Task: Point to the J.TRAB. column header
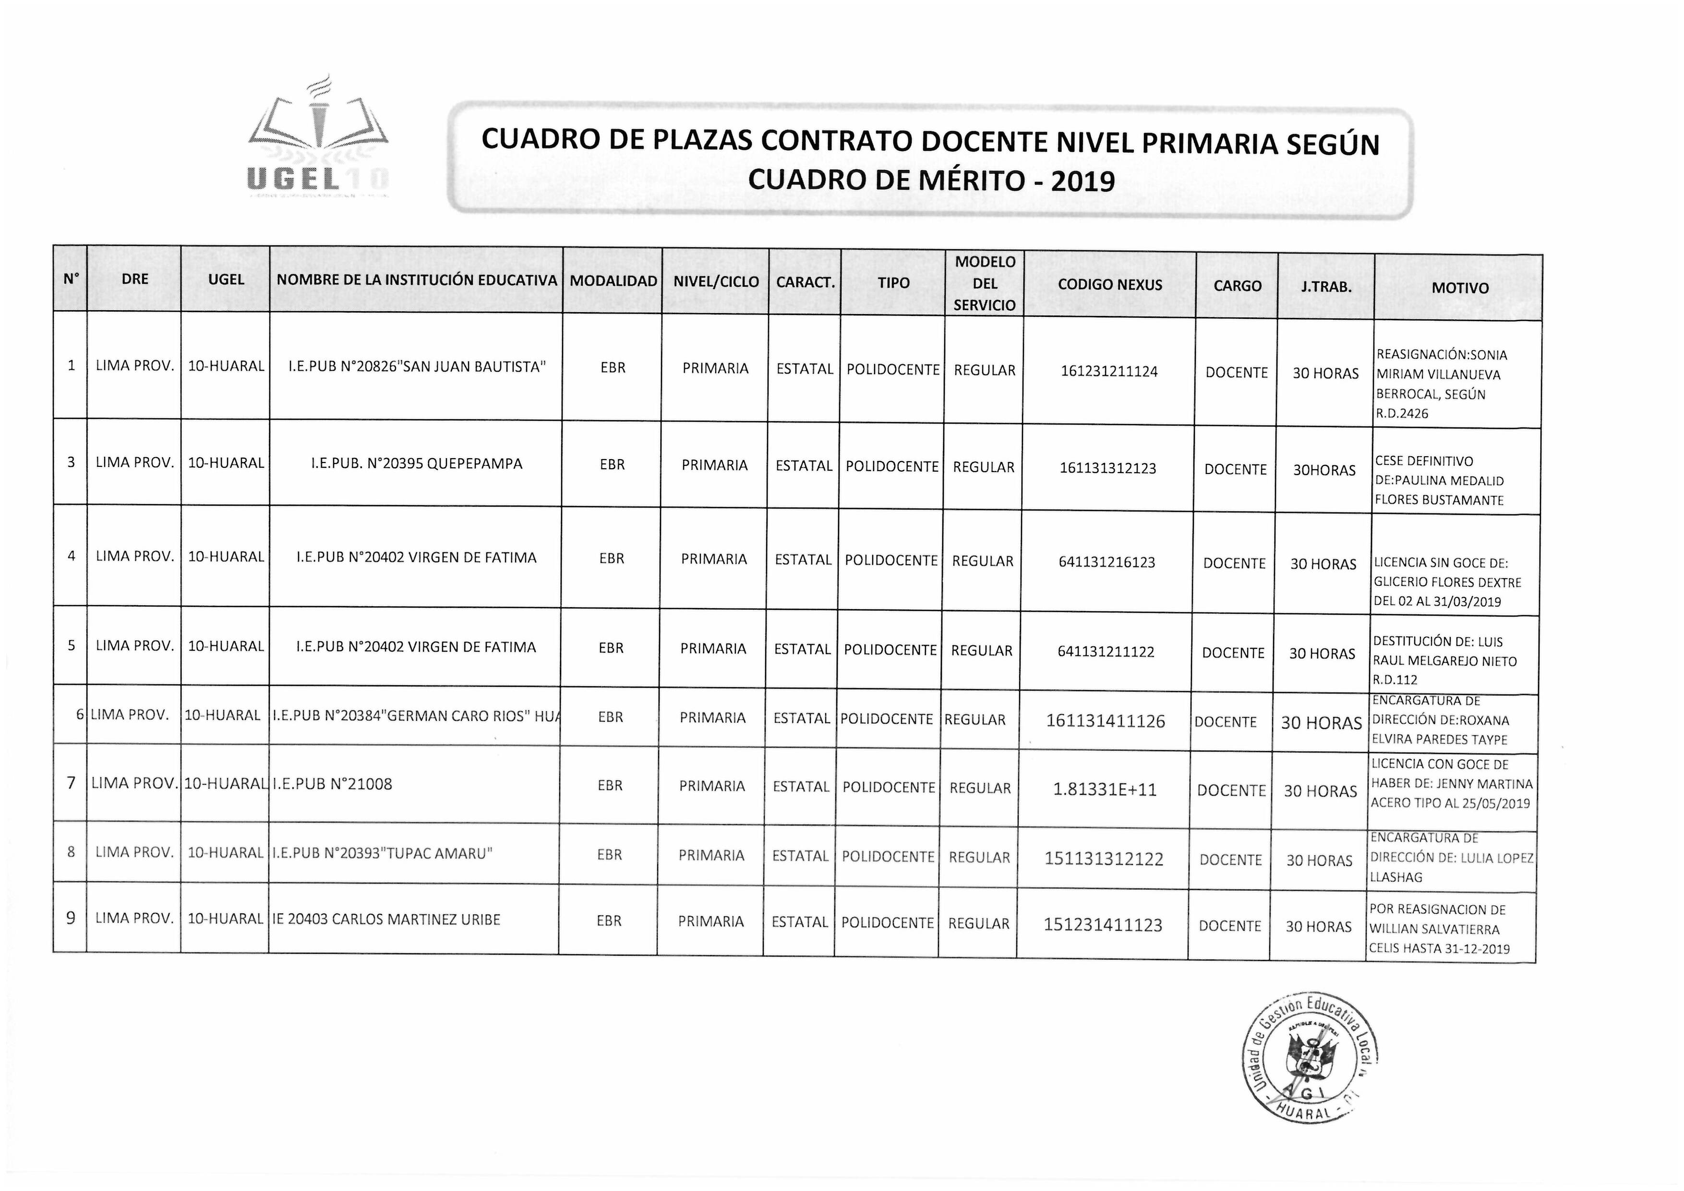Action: point(1326,287)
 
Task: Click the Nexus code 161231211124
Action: point(1109,371)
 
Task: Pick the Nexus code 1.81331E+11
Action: point(1105,790)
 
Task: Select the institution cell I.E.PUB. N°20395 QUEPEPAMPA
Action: point(416,464)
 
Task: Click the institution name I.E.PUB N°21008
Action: point(332,784)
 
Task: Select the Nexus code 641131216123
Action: point(1107,562)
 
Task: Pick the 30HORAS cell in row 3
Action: point(1324,470)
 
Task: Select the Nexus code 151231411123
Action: point(1102,924)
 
